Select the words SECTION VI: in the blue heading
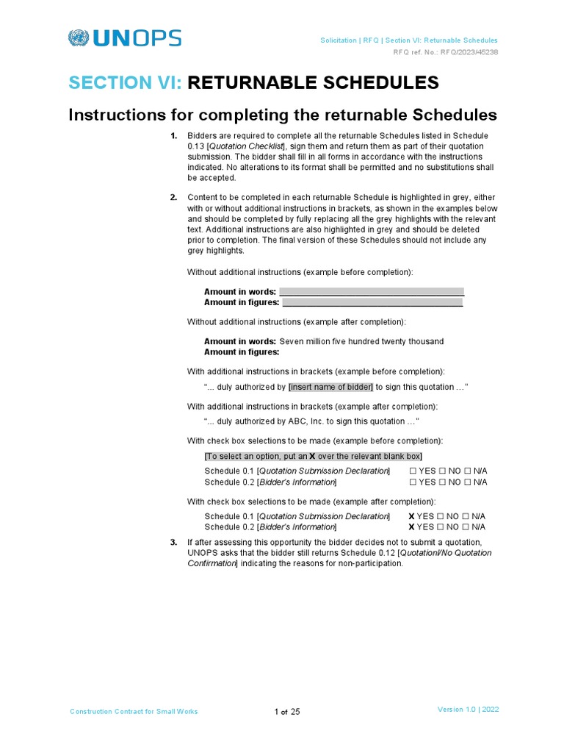[126, 82]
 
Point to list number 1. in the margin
[174, 136]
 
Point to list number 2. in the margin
[174, 198]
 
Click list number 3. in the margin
[174, 543]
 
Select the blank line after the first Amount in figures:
[372, 302]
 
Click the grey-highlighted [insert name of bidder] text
[330, 387]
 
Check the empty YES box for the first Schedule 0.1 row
[413, 471]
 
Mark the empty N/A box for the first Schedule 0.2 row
[468, 482]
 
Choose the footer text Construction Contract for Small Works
[134, 712]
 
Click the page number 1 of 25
[287, 712]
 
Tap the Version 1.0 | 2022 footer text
[468, 710]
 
